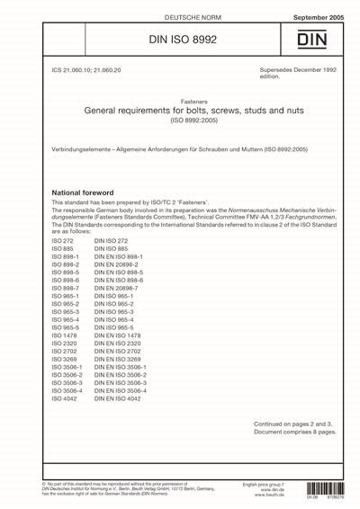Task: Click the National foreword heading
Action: coord(83,192)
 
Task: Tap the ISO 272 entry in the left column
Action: coord(63,242)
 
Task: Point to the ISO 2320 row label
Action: coord(66,343)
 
